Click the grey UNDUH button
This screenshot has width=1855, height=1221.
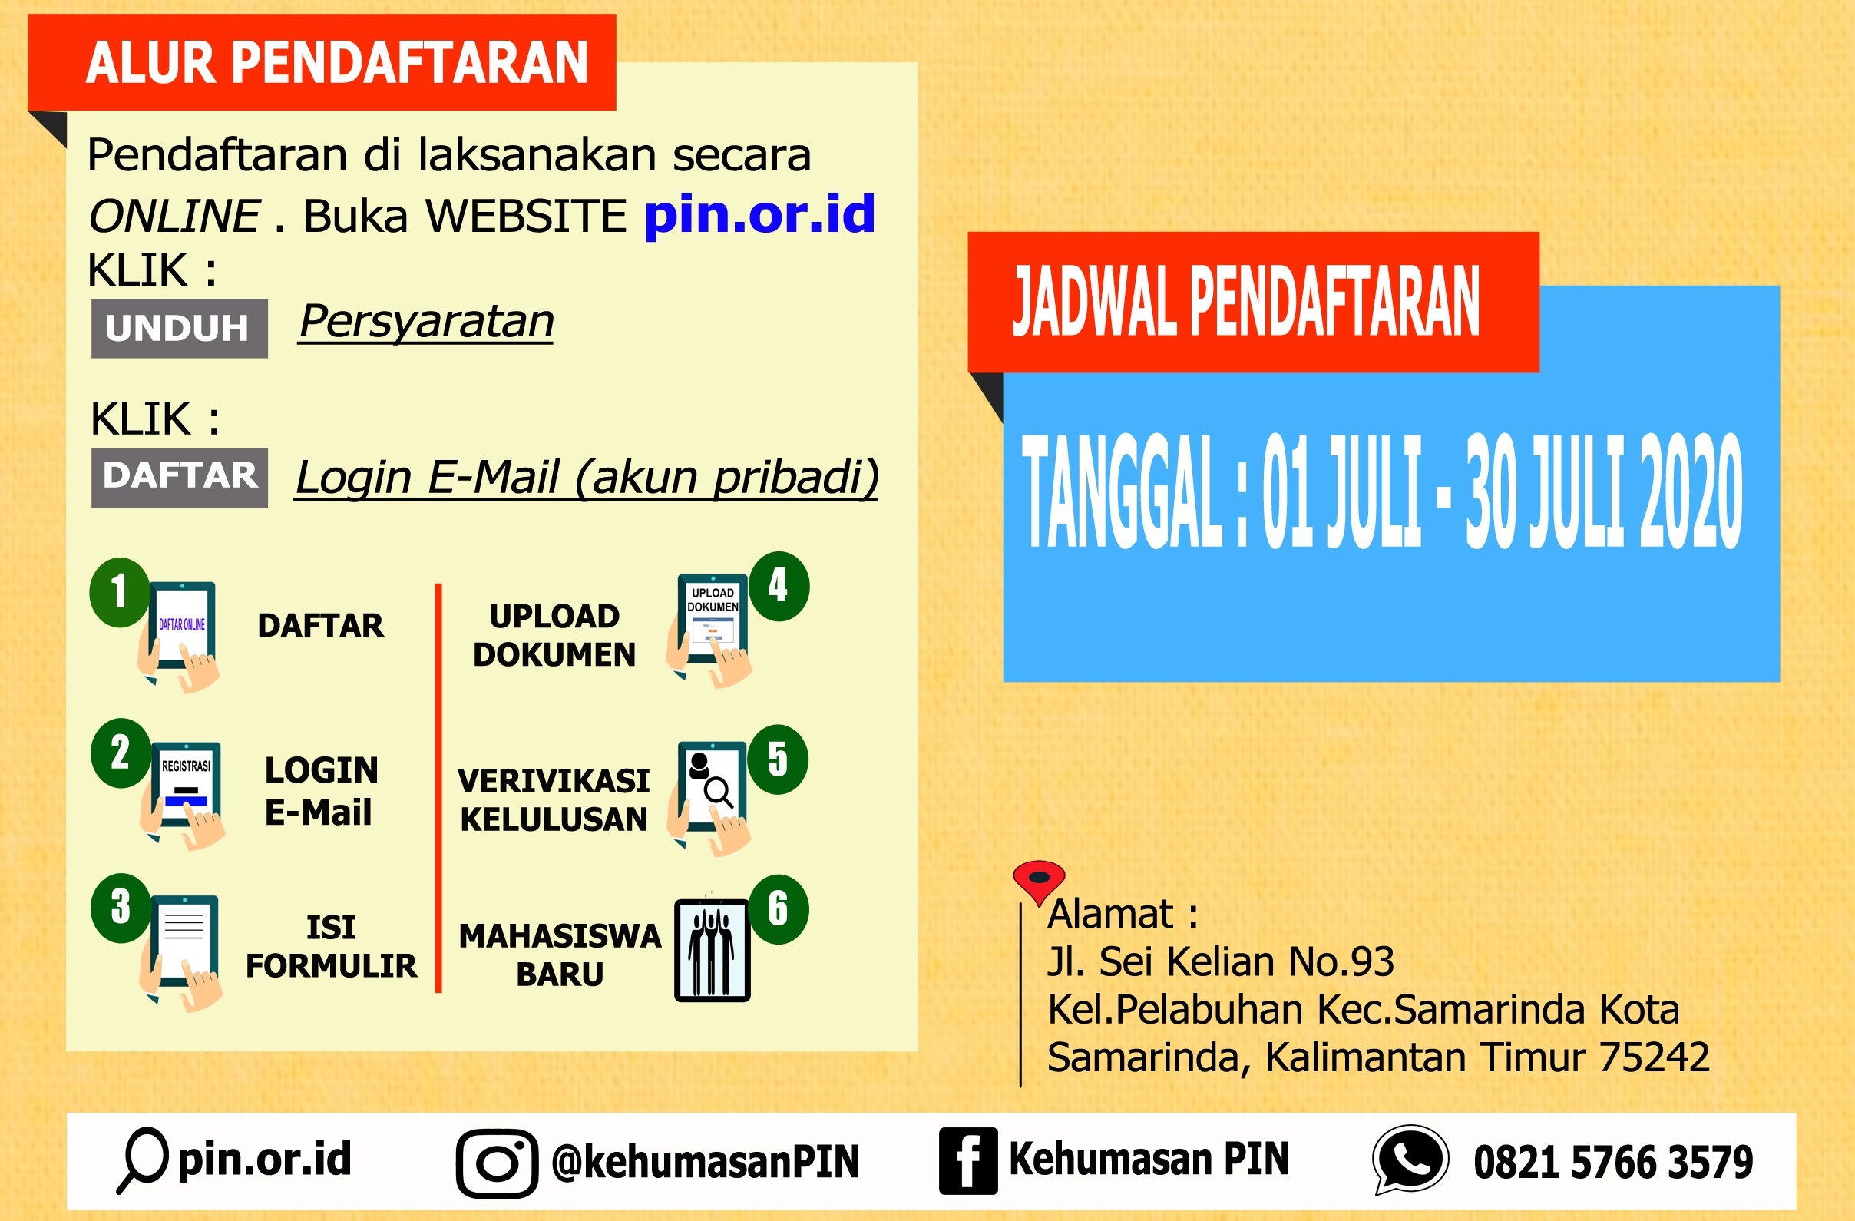[x=179, y=328]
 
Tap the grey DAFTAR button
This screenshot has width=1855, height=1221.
[x=179, y=478]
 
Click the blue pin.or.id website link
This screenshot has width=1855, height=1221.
[x=760, y=215]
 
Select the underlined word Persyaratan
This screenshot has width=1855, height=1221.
[x=426, y=322]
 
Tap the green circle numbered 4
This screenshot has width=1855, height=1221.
[x=778, y=586]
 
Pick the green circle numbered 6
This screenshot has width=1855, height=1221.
[x=778, y=909]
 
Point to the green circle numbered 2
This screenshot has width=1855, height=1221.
[x=121, y=753]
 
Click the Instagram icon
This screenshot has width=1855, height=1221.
[x=498, y=1163]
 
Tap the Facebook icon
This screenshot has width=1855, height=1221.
[x=968, y=1161]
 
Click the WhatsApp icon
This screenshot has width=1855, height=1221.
[x=1410, y=1160]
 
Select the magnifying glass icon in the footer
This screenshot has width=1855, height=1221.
[x=144, y=1160]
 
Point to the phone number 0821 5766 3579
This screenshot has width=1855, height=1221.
[x=1613, y=1163]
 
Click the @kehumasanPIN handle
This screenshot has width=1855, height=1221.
[x=706, y=1162]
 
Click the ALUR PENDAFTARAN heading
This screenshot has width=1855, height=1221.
[x=337, y=62]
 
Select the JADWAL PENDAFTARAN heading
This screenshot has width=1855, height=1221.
[x=1245, y=301]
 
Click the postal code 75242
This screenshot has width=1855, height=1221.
[x=1655, y=1057]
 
